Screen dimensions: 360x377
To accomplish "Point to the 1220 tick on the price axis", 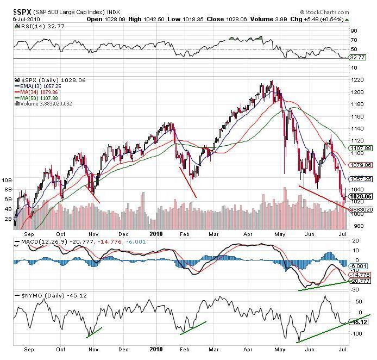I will (x=357, y=80).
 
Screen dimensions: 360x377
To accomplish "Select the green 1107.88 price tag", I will (x=361, y=148).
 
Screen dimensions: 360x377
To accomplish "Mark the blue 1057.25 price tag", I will (x=361, y=178).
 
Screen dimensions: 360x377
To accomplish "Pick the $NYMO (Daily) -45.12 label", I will (x=42, y=295).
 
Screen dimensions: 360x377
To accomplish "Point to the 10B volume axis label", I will (x=7, y=179).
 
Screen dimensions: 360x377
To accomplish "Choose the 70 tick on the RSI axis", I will (x=354, y=40).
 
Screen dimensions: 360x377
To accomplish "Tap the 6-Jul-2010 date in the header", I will (x=24, y=18).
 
